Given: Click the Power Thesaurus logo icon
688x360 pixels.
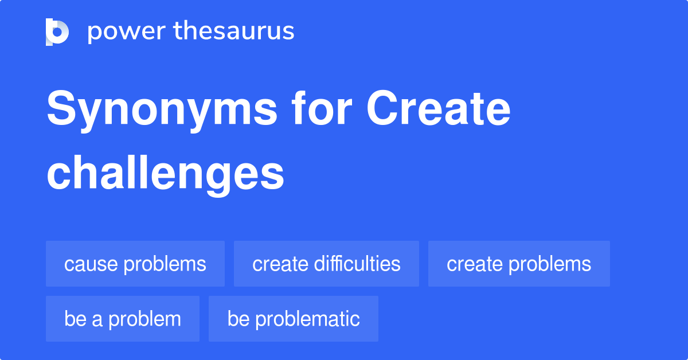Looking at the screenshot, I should coord(57,32).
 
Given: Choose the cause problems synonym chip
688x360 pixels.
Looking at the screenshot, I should coord(135,264).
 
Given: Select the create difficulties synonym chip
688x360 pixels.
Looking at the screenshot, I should coord(326,264).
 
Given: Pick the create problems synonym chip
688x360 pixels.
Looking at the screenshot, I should coord(519,264).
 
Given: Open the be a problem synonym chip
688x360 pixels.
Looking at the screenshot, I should coord(123,319).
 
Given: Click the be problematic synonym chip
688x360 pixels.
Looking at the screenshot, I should coord(294,319).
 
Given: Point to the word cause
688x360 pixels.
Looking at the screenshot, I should coord(91,264).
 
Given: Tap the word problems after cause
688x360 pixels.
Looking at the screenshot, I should coord(165,264).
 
